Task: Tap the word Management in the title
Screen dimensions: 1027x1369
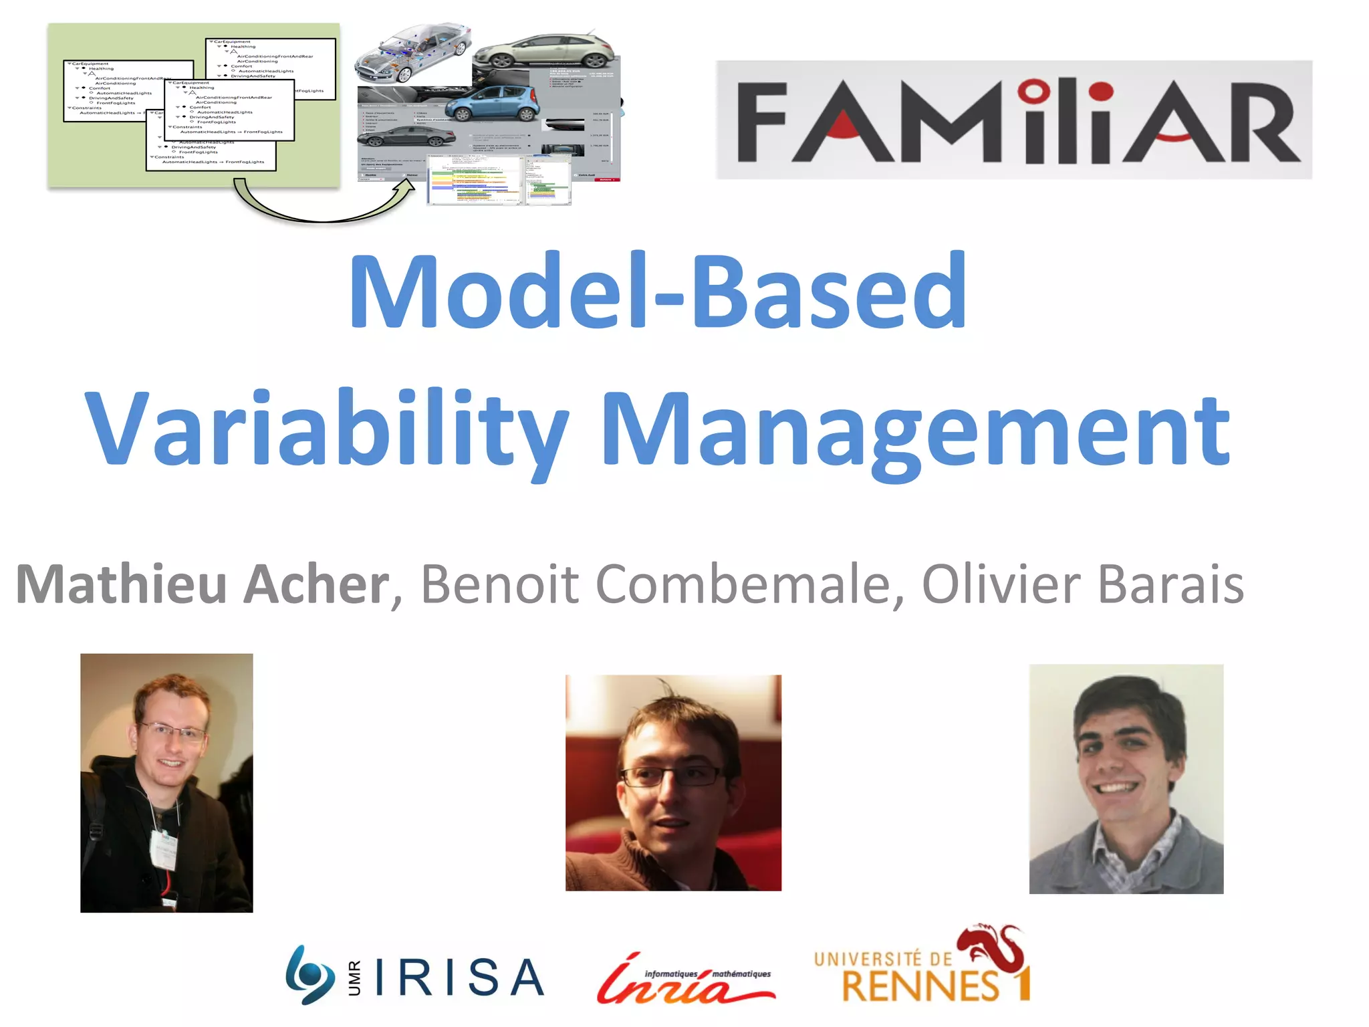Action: tap(916, 431)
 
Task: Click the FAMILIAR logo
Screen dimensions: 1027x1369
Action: tap(1014, 120)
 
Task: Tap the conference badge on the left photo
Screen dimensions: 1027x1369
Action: tap(164, 849)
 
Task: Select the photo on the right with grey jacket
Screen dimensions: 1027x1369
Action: tap(1126, 779)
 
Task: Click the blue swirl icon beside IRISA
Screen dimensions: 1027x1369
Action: tap(309, 975)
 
